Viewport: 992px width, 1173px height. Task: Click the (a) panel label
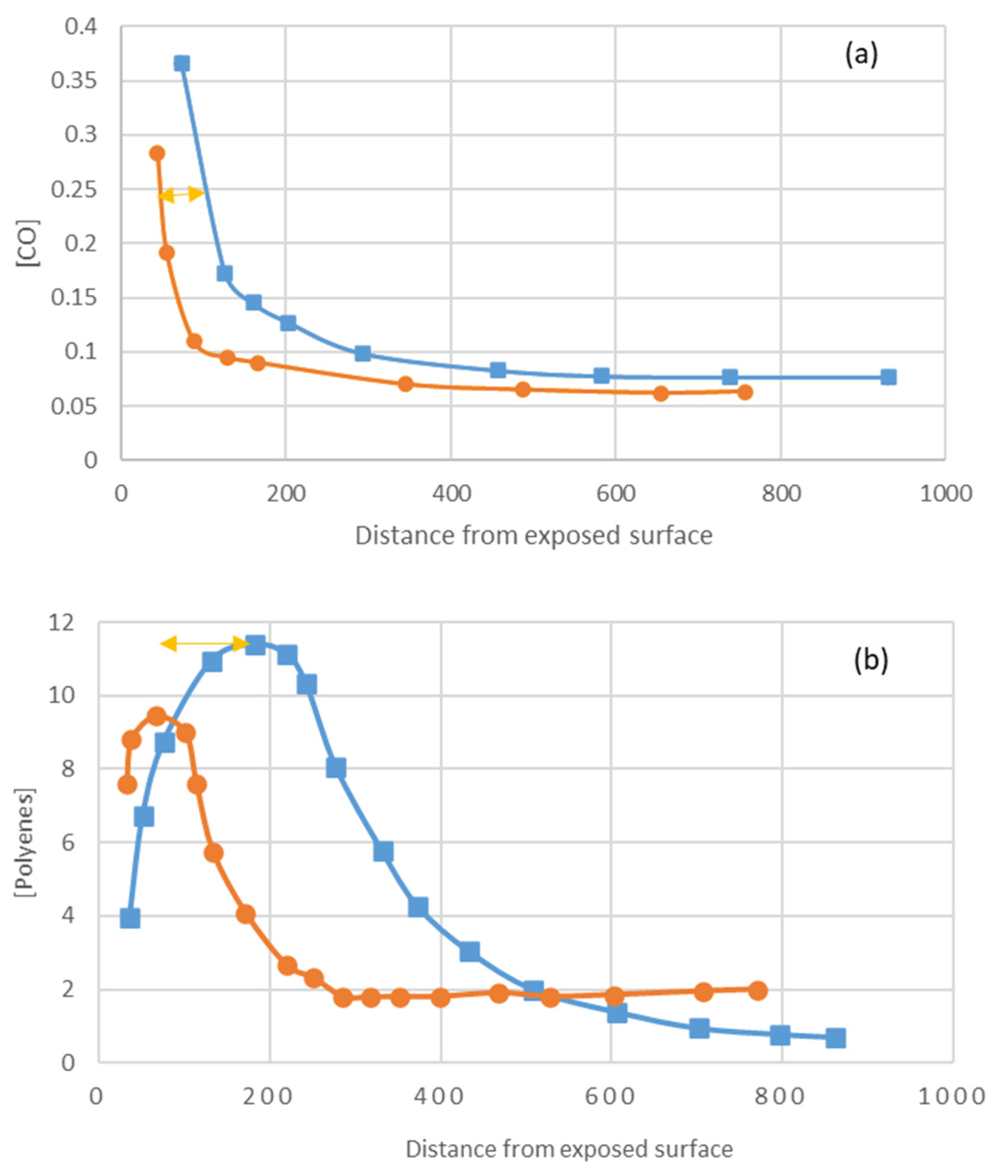[x=861, y=56]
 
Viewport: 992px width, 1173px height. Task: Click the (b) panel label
[x=871, y=659]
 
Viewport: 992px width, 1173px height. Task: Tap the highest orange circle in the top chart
[x=157, y=153]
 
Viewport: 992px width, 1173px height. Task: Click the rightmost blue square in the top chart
[x=888, y=377]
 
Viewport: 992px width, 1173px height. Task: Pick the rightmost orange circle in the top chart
[x=744, y=392]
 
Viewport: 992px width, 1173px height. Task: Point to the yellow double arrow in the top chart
[x=181, y=195]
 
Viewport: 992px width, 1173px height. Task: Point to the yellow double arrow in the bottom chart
[x=205, y=643]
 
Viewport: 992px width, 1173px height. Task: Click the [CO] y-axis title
[x=28, y=243]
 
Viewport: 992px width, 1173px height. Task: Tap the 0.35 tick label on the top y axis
[x=74, y=81]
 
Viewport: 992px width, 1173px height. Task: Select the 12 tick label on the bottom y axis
[x=63, y=623]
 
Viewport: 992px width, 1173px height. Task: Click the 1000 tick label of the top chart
[x=945, y=494]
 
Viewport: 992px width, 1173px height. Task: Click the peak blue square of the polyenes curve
[x=255, y=645]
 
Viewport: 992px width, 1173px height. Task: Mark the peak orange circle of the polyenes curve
[x=156, y=716]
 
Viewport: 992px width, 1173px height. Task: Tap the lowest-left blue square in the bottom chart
[x=130, y=919]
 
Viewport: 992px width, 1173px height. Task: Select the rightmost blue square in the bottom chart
[x=836, y=1039]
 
